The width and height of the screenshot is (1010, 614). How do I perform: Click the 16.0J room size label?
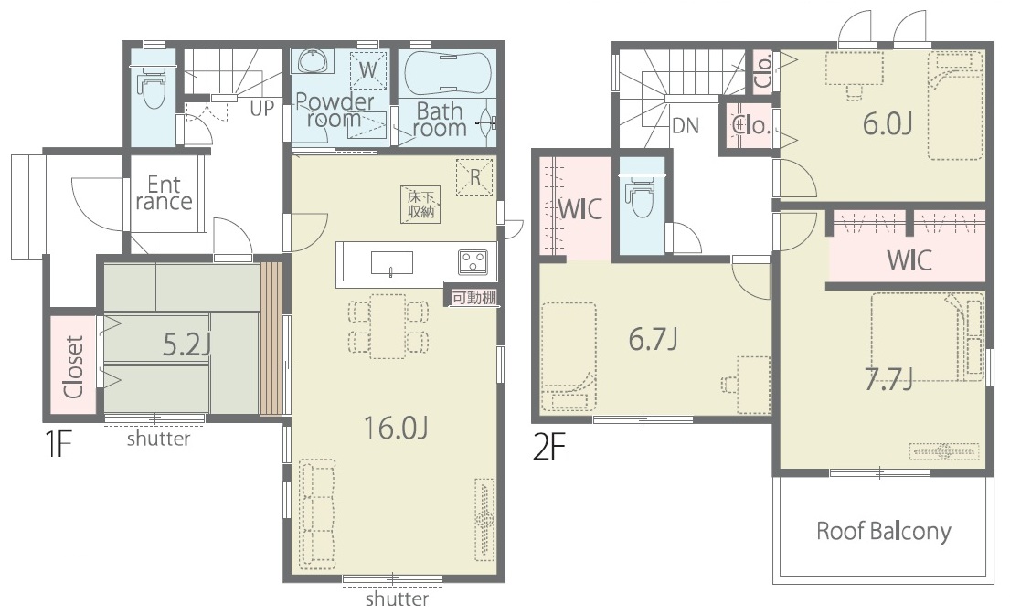coord(396,427)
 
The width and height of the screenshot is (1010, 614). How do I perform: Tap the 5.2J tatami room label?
coord(186,345)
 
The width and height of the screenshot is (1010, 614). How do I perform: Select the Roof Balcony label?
coord(883,531)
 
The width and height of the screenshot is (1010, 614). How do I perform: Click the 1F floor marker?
coord(58,444)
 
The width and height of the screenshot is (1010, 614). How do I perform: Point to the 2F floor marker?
coord(549,447)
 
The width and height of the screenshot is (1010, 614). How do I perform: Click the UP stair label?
coord(261,108)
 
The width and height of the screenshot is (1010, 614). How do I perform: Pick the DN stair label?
coord(686,125)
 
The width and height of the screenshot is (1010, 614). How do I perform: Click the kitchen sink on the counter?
coord(391,263)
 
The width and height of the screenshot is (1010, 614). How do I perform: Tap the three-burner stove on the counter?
coord(473,262)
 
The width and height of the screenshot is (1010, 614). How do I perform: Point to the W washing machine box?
coord(367,69)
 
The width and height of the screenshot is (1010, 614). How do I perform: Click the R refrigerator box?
coord(474,176)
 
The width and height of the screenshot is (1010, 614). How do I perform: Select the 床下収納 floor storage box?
coord(420,205)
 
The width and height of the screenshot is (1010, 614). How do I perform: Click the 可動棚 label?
coord(473,298)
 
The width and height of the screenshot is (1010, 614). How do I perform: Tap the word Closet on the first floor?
coord(73,366)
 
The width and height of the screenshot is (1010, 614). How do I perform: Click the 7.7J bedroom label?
coord(888,380)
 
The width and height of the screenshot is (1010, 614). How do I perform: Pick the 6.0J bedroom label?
coord(887,123)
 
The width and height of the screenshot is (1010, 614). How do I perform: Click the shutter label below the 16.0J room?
coord(397,599)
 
